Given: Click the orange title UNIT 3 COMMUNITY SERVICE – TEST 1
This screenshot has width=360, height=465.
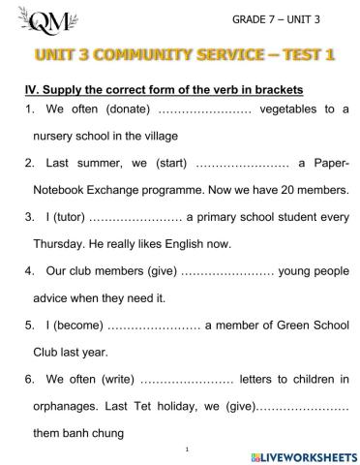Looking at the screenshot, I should pos(180,55).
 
